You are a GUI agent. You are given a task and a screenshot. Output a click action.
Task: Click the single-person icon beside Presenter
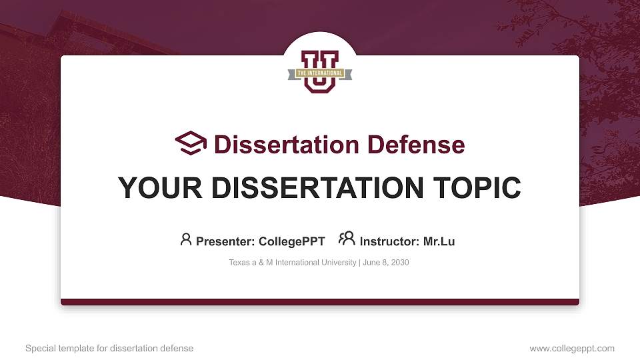coord(186,240)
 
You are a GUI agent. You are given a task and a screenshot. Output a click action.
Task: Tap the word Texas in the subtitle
coord(239,263)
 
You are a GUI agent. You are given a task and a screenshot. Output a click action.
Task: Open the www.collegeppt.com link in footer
coord(571,349)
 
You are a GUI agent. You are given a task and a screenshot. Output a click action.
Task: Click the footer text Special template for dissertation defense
coord(109,349)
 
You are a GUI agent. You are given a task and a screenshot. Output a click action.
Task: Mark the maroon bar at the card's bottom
coord(320,302)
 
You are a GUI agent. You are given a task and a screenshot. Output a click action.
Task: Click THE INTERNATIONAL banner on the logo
coord(320,73)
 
